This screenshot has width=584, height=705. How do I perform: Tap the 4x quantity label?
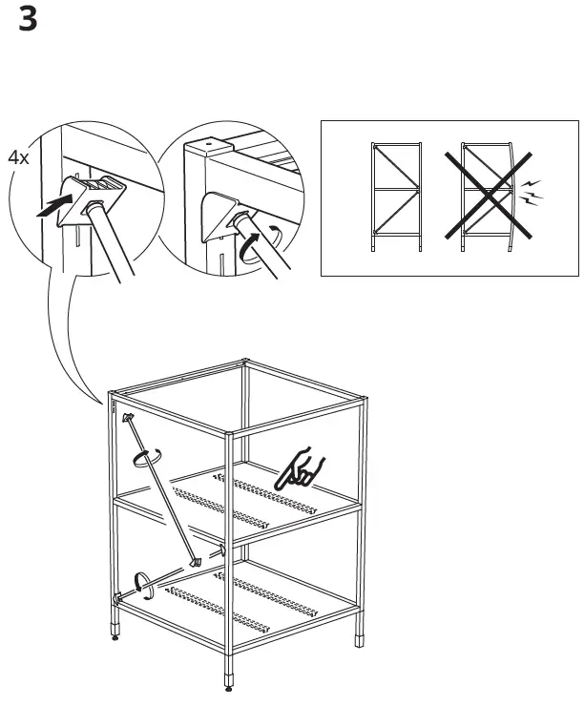[18, 158]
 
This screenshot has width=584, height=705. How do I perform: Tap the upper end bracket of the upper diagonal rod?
[127, 418]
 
